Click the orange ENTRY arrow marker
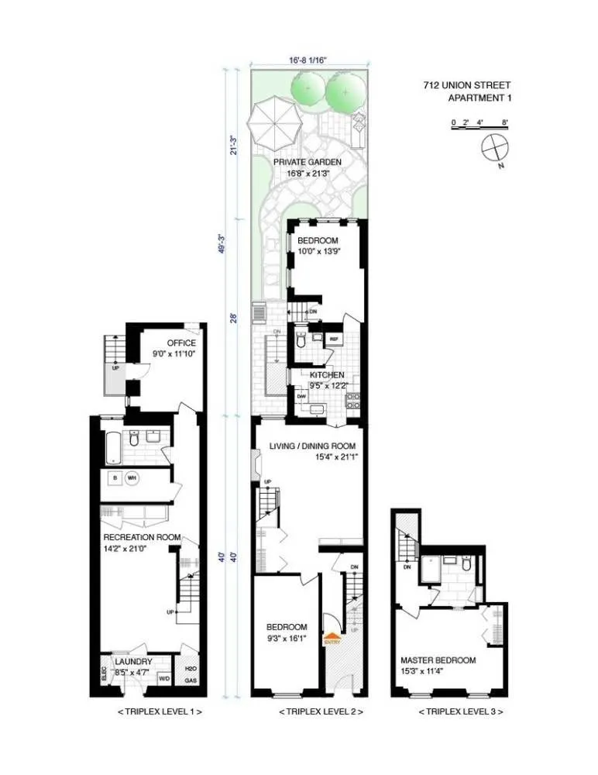coord(332,638)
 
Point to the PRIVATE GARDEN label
coord(307,162)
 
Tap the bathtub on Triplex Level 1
coord(114,445)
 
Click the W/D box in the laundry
coord(164,678)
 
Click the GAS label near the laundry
coord(190,680)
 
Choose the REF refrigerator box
coord(335,339)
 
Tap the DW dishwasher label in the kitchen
coord(301,396)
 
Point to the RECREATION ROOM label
coord(142,537)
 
